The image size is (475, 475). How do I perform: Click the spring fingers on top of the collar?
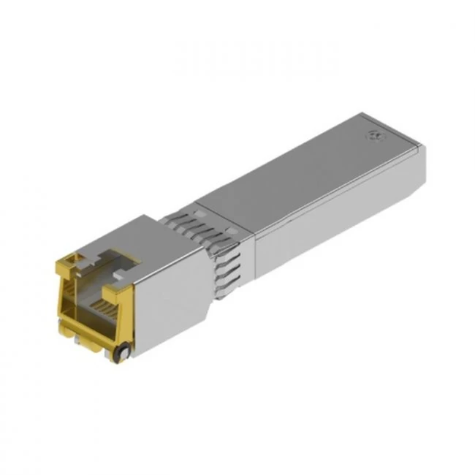point(197,219)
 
